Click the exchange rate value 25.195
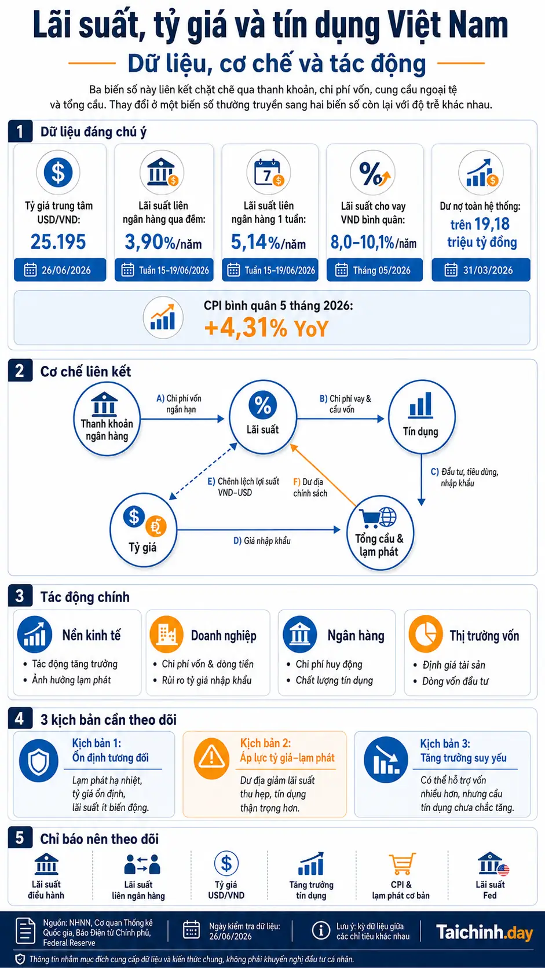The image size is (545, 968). pyautogui.click(x=58, y=241)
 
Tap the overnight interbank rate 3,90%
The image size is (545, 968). pyautogui.click(x=144, y=242)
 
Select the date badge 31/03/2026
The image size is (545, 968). pyautogui.click(x=481, y=270)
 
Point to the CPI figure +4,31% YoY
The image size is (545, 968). pyautogui.click(x=266, y=328)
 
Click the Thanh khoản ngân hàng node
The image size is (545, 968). pyautogui.click(x=107, y=419)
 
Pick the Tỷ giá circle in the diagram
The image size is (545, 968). pyautogui.click(x=143, y=531)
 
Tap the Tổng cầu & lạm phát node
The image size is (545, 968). pyautogui.click(x=380, y=533)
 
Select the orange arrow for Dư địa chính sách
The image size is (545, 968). pyautogui.click(x=323, y=475)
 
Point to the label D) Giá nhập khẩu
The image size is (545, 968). pyautogui.click(x=262, y=541)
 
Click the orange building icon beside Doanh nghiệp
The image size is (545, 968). pyautogui.click(x=166, y=635)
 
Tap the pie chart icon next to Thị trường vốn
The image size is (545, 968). pyautogui.click(x=426, y=634)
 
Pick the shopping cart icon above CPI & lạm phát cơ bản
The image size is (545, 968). pyautogui.click(x=402, y=863)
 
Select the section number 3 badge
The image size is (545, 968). pyautogui.click(x=20, y=596)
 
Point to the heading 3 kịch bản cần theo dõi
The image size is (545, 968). pyautogui.click(x=108, y=720)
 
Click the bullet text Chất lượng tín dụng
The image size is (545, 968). pyautogui.click(x=334, y=680)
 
